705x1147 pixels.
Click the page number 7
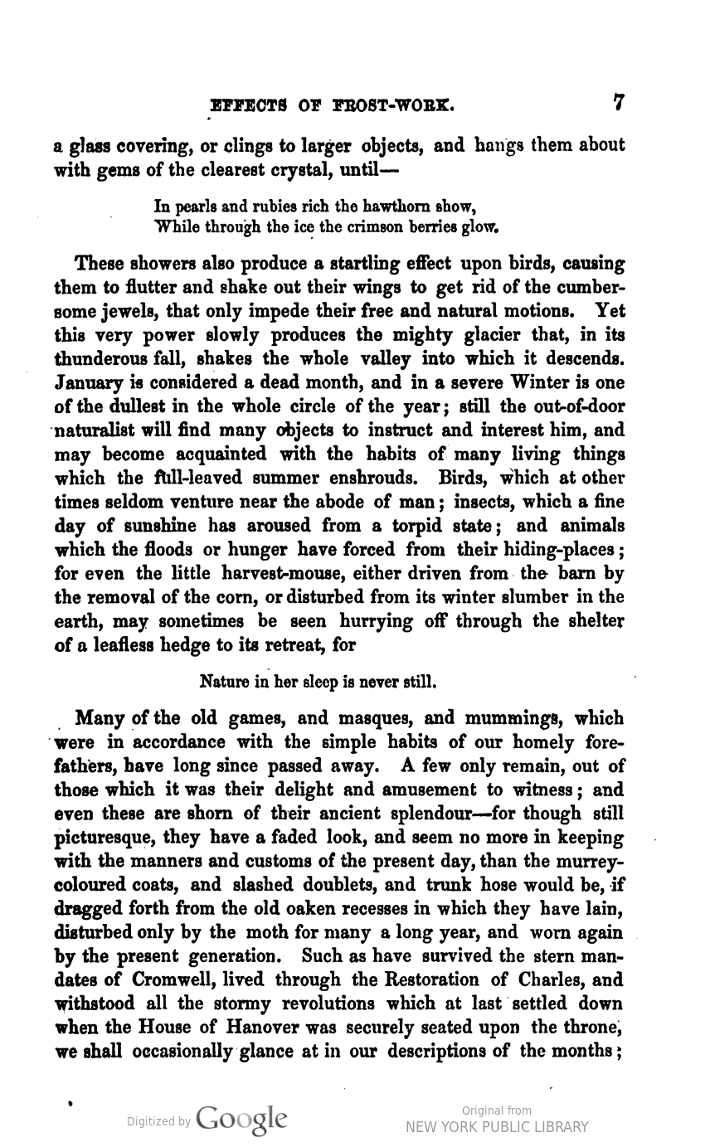(x=618, y=103)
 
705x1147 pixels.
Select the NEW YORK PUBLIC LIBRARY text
(x=497, y=1126)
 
